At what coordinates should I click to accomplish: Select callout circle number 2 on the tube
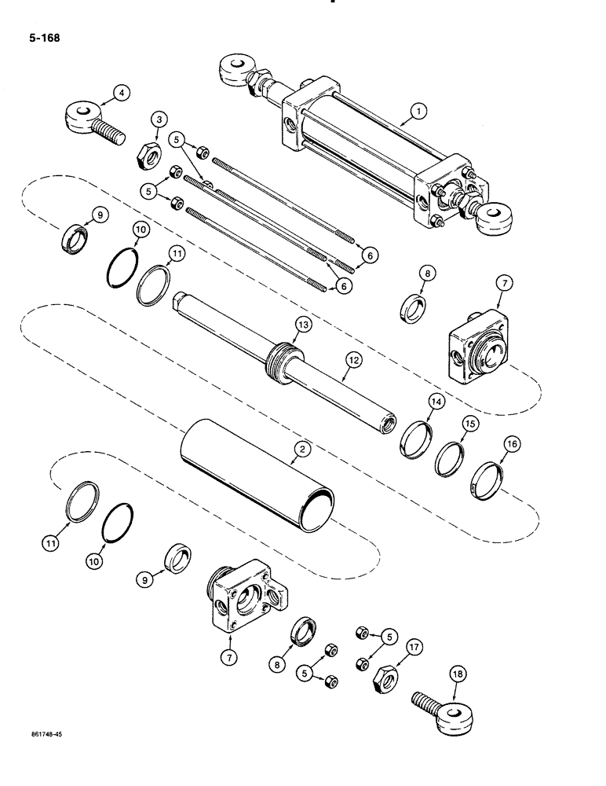[298, 448]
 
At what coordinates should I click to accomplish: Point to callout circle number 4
[119, 94]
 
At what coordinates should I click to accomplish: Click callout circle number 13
[303, 324]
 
